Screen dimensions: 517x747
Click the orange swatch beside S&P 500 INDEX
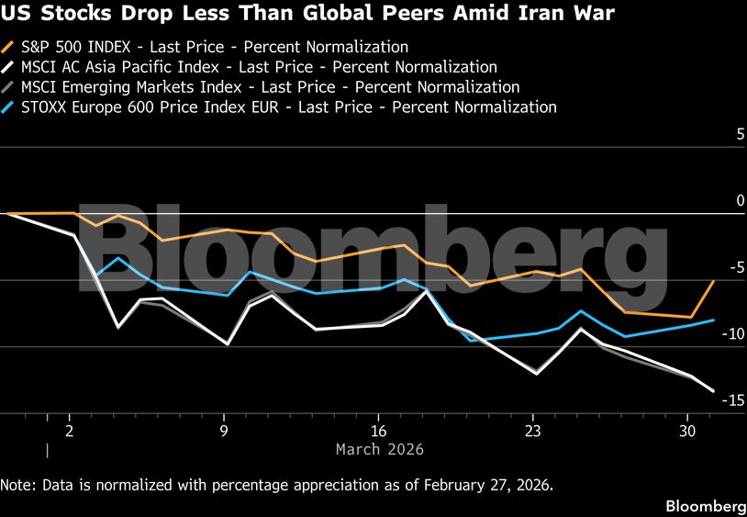[x=9, y=47]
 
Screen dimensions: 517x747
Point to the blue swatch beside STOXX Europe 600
[x=9, y=107]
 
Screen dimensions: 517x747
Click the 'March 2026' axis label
[x=380, y=449]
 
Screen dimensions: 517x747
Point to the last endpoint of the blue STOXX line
[x=714, y=320]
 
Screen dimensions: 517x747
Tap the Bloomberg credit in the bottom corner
[x=705, y=506]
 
